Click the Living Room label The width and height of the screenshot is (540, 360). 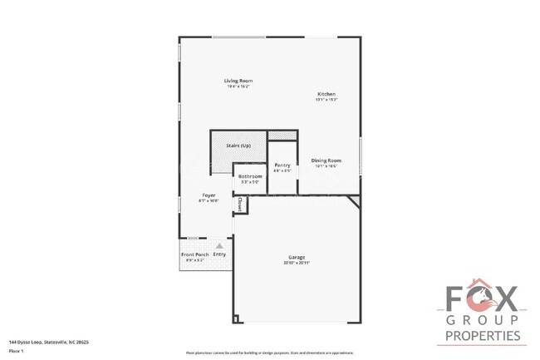[238, 81]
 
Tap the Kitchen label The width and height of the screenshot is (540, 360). [326, 95]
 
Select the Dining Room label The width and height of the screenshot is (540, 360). [326, 160]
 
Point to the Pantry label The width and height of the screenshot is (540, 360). [282, 165]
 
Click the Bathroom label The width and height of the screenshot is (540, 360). [250, 176]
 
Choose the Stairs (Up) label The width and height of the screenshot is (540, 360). [238, 145]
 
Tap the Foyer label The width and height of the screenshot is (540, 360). [208, 195]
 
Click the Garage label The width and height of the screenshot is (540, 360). [297, 258]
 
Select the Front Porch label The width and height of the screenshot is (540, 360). [195, 254]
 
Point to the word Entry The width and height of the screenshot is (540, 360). [219, 254]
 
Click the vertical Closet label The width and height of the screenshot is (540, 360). [240, 203]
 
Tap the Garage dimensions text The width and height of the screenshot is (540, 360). [297, 264]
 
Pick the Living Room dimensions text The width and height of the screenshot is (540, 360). [238, 86]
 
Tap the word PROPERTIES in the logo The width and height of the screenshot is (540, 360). [483, 336]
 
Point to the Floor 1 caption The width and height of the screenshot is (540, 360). [16, 351]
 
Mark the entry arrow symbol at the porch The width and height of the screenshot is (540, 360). [219, 246]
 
